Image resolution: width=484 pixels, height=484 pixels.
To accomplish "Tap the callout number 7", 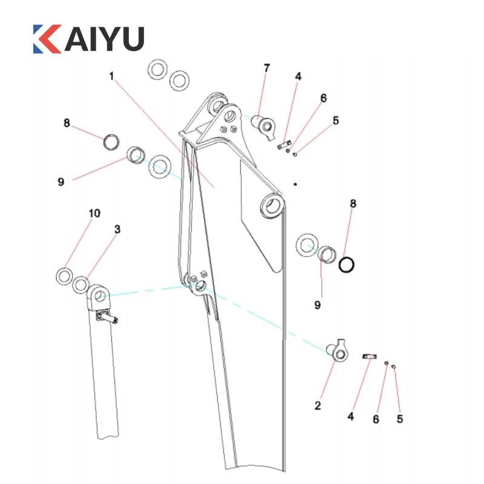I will (267, 68).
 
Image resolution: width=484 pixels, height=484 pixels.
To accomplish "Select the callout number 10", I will (94, 214).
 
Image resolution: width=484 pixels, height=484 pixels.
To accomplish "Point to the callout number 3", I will (117, 229).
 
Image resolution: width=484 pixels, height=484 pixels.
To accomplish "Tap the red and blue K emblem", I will (47, 38).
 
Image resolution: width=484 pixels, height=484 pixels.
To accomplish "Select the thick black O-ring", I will (347, 264).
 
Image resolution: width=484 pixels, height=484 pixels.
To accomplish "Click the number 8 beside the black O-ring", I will (353, 203).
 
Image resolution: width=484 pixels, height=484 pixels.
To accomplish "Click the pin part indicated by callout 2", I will (339, 352).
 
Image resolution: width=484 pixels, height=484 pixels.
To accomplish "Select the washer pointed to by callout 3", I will (80, 283).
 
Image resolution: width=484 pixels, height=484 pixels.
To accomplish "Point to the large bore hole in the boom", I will (272, 206).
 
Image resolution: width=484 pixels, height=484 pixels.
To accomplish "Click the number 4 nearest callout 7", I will (298, 77).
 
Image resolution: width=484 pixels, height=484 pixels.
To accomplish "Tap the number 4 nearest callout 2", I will (350, 416).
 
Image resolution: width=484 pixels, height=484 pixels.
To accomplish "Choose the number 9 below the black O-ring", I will (317, 305).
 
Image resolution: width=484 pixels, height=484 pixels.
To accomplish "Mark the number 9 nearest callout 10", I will (60, 181).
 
